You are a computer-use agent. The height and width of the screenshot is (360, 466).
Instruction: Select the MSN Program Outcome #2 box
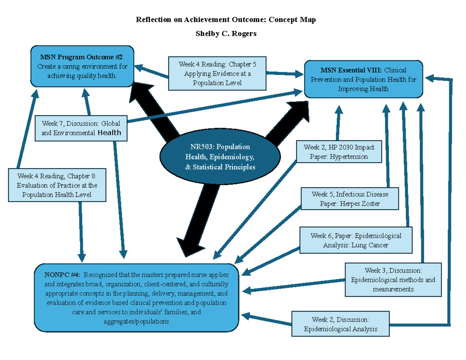(x=82, y=66)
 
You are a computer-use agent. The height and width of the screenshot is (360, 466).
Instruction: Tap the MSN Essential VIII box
(x=363, y=79)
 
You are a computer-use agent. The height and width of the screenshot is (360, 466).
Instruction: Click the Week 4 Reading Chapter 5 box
(x=217, y=73)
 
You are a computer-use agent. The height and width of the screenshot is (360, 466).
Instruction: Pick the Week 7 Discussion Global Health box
(x=81, y=128)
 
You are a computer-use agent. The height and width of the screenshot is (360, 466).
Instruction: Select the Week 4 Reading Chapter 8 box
(x=57, y=184)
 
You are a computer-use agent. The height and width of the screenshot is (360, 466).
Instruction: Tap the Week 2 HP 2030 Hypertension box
(x=339, y=152)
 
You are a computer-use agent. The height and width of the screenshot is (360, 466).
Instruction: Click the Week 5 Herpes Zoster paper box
(x=349, y=199)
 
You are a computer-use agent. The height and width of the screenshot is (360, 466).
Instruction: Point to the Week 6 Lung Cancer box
(x=356, y=240)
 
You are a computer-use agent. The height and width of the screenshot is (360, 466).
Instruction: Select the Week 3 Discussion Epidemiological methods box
(x=393, y=280)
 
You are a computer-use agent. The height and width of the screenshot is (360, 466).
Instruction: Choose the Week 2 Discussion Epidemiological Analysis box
(x=340, y=324)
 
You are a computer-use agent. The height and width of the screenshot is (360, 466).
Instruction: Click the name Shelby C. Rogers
(x=226, y=34)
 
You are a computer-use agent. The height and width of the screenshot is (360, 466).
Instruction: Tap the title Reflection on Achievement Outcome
(x=226, y=20)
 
